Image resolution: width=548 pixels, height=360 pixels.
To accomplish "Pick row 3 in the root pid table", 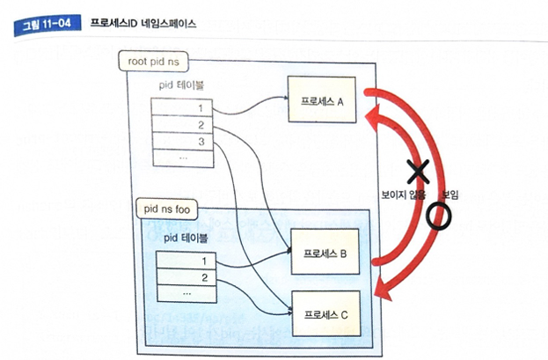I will coord(182,141).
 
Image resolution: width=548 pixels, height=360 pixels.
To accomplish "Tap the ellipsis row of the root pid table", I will coord(182,158).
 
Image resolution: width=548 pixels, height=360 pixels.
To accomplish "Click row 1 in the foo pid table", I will coord(186,261).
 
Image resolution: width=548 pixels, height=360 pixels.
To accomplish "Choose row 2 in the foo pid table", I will coord(186,277).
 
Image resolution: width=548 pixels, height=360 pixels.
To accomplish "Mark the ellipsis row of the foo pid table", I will coord(186,292).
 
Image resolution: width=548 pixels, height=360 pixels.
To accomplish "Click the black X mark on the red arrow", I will coord(418,169).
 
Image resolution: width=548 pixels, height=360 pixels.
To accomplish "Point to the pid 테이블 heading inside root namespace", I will coord(183,85).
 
